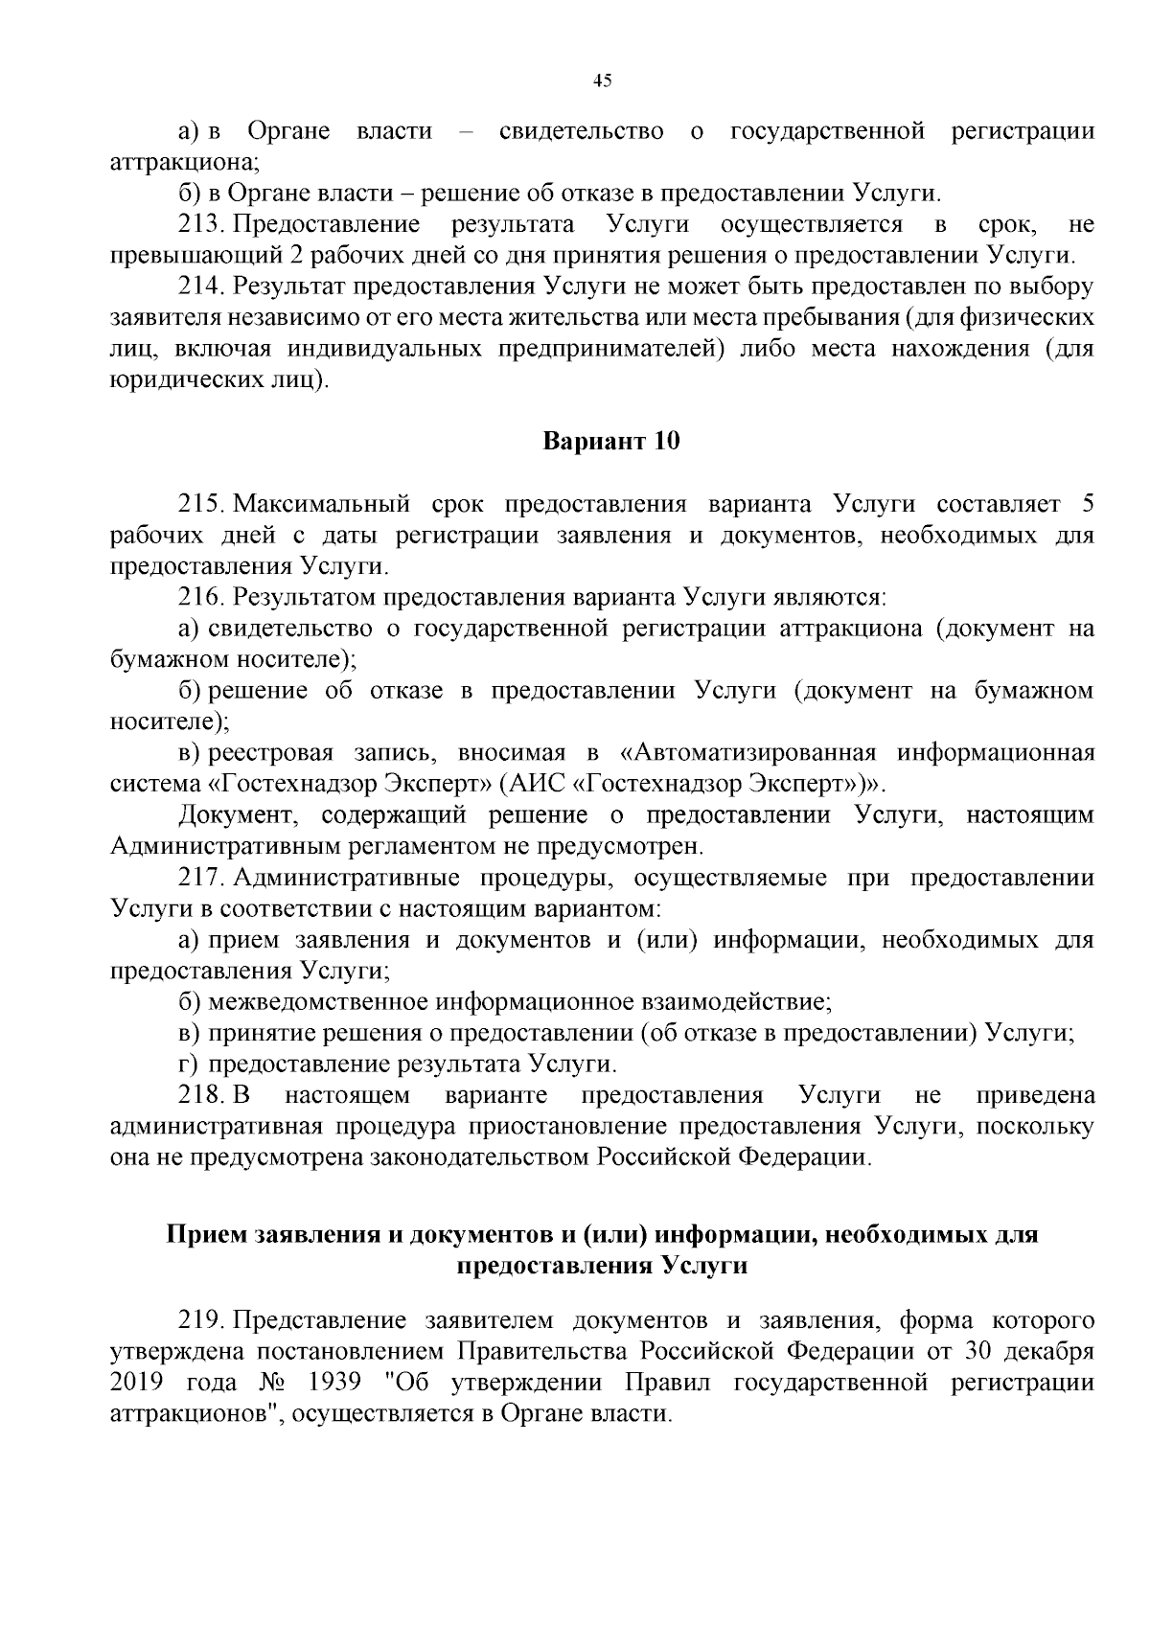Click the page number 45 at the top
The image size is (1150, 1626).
pyautogui.click(x=603, y=81)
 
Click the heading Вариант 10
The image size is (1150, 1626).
pyautogui.click(x=611, y=442)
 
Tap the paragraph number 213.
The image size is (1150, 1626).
pyautogui.click(x=201, y=225)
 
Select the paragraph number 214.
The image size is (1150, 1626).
pyautogui.click(x=201, y=286)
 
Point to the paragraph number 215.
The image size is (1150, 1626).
pyautogui.click(x=201, y=504)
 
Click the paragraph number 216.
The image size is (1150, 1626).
pyautogui.click(x=201, y=597)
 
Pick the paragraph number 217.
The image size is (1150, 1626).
pyautogui.click(x=201, y=878)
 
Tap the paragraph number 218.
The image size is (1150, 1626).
pyautogui.click(x=201, y=1095)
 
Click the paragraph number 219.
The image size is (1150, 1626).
pyautogui.click(x=201, y=1321)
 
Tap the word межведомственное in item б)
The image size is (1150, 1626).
pyautogui.click(x=320, y=1002)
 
